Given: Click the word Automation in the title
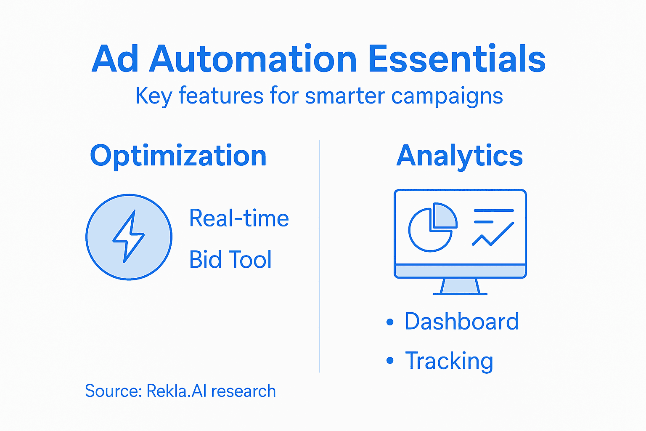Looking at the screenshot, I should pos(253,59).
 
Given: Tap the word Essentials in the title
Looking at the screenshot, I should pos(457,59).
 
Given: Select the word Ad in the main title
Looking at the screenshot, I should pos(115,59).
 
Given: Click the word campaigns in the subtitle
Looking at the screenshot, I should pos(447,96).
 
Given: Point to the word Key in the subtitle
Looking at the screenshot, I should pos(154,96).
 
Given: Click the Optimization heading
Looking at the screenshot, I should pos(178,156).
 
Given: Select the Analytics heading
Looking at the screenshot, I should pos(460,156).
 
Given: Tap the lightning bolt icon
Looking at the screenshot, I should pos(129,237).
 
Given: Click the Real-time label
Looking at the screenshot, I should pos(239,218).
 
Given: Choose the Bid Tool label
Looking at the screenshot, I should pos(230,260).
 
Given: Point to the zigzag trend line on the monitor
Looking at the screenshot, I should pos(493,234).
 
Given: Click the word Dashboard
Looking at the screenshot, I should pos(462,322).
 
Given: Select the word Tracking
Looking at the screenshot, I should pos(449,361).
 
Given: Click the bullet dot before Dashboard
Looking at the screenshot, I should pos(390,322).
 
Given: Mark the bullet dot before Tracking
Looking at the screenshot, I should pos(390,361).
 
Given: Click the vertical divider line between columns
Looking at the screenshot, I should pos(320,257).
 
